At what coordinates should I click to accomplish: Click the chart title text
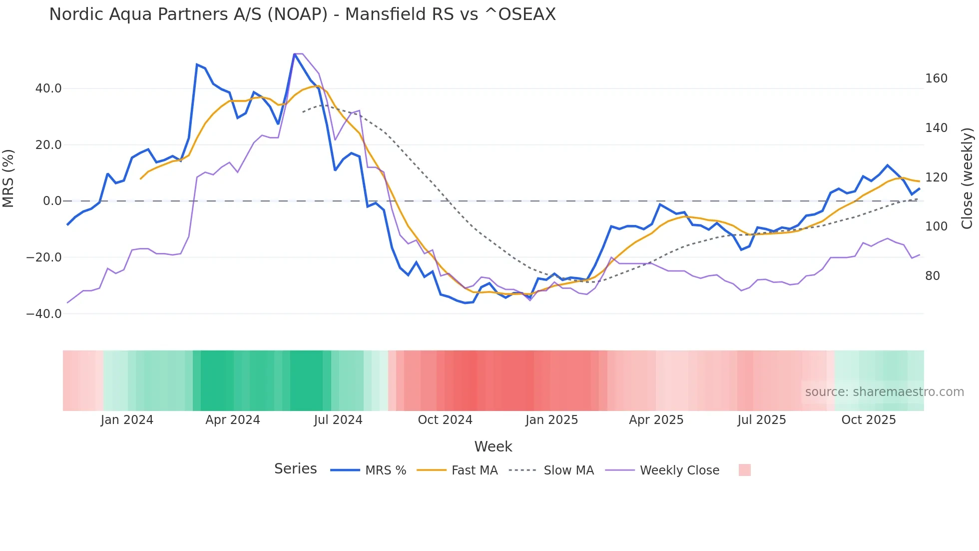click(302, 14)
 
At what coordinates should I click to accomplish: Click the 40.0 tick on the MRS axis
click(48, 88)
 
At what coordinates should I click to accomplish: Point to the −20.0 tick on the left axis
click(44, 257)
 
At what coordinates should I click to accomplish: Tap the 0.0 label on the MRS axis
click(52, 201)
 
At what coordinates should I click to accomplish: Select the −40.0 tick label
click(44, 314)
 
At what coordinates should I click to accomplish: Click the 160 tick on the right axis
click(936, 78)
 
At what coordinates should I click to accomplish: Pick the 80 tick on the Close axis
click(933, 276)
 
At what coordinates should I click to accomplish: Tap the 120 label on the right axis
click(936, 177)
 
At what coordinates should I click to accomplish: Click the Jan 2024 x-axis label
click(127, 420)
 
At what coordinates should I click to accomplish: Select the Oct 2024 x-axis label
click(445, 420)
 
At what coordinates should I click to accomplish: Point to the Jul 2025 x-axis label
click(762, 420)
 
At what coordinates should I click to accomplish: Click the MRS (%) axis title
click(8, 178)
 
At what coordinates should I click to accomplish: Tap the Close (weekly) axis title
click(968, 178)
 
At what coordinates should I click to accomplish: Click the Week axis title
click(493, 446)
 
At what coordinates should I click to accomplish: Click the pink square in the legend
click(744, 470)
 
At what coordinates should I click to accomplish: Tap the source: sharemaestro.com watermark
click(884, 392)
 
